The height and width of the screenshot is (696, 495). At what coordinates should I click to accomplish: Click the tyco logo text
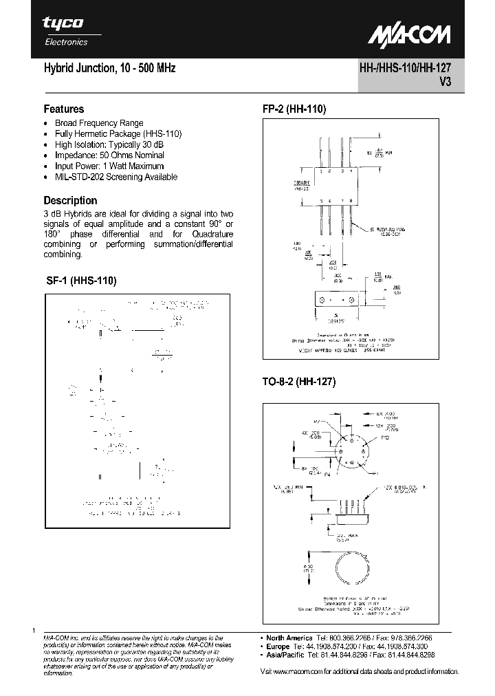pyautogui.click(x=63, y=23)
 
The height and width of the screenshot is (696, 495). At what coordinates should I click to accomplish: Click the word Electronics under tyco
pyautogui.click(x=66, y=42)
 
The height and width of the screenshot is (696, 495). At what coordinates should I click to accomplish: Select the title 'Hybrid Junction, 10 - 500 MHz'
pyautogui.click(x=109, y=69)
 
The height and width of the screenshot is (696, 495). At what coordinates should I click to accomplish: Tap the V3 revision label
pyautogui.click(x=444, y=80)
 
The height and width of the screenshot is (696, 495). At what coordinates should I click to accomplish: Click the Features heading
pyautogui.click(x=64, y=109)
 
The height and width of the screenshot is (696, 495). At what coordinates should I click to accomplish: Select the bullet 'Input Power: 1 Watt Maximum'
pyautogui.click(x=109, y=166)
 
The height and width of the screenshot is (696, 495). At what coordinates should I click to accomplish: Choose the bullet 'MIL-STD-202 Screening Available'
pyautogui.click(x=115, y=177)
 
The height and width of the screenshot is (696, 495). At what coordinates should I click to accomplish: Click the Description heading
pyautogui.click(x=70, y=200)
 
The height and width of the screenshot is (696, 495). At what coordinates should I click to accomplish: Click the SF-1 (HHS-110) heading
pyautogui.click(x=80, y=281)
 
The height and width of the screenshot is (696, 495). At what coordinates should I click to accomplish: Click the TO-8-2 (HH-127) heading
pyautogui.click(x=298, y=382)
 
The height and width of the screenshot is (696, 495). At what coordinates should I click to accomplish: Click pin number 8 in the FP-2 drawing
pyautogui.click(x=352, y=201)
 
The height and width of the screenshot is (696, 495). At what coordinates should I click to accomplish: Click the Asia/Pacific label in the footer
pyautogui.click(x=288, y=656)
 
